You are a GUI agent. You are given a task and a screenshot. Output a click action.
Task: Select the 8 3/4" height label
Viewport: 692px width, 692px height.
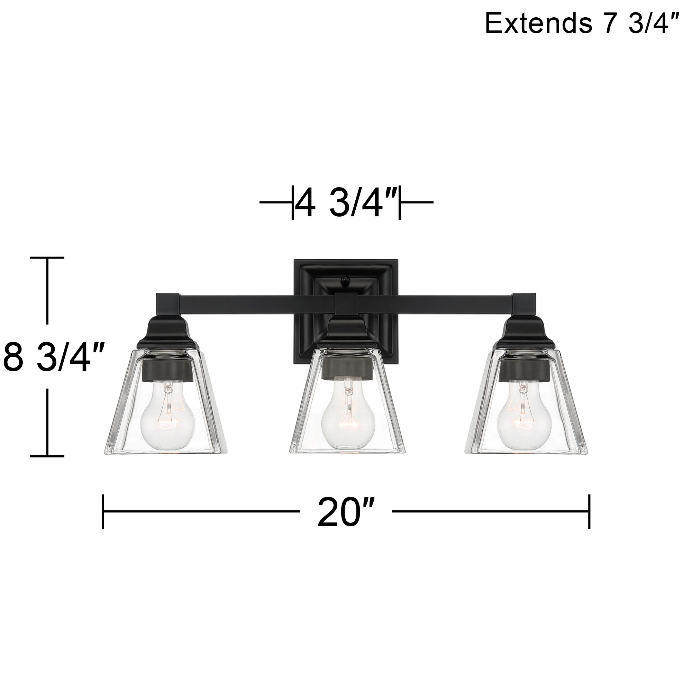pos(54,357)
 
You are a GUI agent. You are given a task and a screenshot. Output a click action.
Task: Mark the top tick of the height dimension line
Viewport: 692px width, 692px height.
pos(47,257)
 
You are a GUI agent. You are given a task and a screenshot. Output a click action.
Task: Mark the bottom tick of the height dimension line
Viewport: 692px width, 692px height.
pos(47,456)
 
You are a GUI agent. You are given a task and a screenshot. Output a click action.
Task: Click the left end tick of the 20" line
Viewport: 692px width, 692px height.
pos(103,511)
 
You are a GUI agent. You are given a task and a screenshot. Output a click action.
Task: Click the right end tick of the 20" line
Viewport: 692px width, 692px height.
pos(589,511)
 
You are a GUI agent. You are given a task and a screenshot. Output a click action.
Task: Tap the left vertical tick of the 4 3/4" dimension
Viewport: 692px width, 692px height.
pos(293,203)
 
